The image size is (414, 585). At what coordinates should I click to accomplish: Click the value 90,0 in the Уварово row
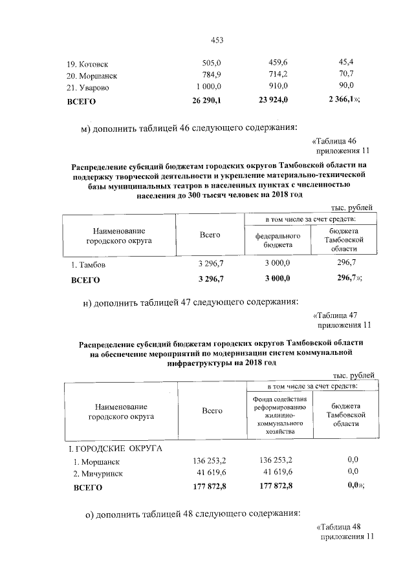point(347,86)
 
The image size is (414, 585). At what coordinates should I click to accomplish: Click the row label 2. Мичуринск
point(98,473)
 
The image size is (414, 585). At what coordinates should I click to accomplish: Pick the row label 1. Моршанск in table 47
point(96,462)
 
